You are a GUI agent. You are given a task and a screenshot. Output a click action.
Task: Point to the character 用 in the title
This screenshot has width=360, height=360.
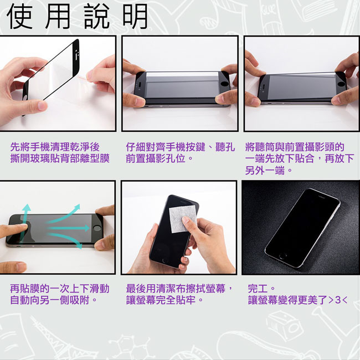(59, 17)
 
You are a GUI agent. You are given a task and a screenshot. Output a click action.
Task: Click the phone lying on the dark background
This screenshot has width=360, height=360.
(302, 227)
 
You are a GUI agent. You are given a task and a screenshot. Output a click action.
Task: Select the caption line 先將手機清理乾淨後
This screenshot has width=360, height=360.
(55, 147)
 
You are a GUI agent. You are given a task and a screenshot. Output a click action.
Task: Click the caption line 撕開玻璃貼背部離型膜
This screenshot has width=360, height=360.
(60, 158)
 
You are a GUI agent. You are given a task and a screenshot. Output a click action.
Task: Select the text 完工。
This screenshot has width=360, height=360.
(261, 289)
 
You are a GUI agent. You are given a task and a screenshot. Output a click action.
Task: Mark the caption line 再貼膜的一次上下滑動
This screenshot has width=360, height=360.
(60, 289)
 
